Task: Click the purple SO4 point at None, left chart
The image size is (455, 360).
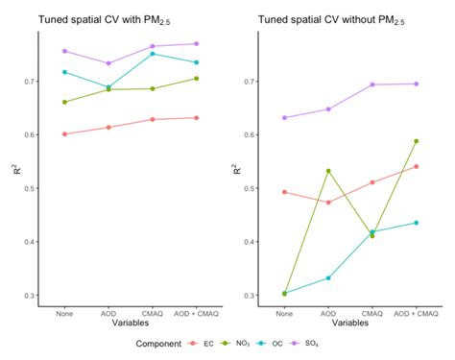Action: (x=64, y=51)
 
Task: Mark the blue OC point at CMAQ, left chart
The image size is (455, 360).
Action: (x=152, y=54)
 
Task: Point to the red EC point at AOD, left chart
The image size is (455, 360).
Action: (x=108, y=127)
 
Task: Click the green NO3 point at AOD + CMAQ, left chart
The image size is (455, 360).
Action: (x=196, y=79)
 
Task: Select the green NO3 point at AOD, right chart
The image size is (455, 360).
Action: (x=328, y=171)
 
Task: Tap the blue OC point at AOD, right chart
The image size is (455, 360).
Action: (x=328, y=277)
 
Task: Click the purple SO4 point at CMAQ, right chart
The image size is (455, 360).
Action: (x=372, y=84)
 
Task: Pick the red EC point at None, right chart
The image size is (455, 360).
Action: (x=284, y=192)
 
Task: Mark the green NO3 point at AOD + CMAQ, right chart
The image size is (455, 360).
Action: (x=417, y=141)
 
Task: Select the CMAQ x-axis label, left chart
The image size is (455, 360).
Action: (x=152, y=312)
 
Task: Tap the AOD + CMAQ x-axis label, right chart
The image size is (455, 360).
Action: (x=417, y=312)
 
